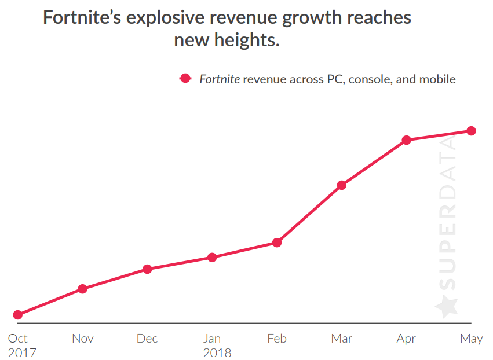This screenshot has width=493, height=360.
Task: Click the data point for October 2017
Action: pyautogui.click(x=17, y=315)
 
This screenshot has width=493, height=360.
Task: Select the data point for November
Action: pyautogui.click(x=82, y=289)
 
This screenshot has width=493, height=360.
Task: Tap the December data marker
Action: pyautogui.click(x=147, y=269)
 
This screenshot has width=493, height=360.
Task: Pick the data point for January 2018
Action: pyautogui.click(x=212, y=257)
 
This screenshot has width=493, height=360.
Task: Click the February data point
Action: pyautogui.click(x=277, y=243)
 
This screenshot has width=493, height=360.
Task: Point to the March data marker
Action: pyautogui.click(x=342, y=185)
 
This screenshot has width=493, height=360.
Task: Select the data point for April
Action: pyautogui.click(x=407, y=140)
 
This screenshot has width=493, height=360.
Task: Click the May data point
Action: pyautogui.click(x=472, y=131)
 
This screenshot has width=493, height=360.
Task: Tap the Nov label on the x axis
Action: pyautogui.click(x=82, y=339)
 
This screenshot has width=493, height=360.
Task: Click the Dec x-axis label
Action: pyautogui.click(x=147, y=339)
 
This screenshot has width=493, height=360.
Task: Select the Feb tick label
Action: pyautogui.click(x=277, y=339)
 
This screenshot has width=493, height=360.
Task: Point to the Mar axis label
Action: pyautogui.click(x=342, y=339)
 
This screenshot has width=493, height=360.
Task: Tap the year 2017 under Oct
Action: pyautogui.click(x=21, y=353)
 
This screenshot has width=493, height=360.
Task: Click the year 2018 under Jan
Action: pyautogui.click(x=217, y=353)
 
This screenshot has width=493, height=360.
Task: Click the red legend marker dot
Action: pyautogui.click(x=185, y=79)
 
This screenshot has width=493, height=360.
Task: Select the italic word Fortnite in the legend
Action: pyautogui.click(x=220, y=79)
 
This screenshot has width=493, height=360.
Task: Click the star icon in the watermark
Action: pyautogui.click(x=446, y=306)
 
